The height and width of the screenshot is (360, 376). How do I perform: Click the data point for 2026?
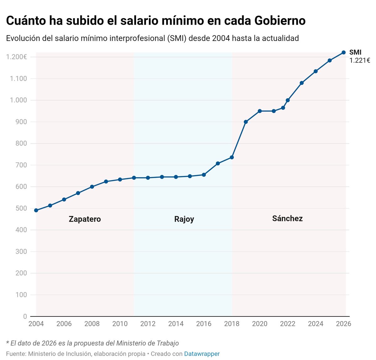coord(343,53)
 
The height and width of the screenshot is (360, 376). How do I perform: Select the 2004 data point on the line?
coord(36,210)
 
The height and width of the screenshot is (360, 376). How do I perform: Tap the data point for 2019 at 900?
coord(246,122)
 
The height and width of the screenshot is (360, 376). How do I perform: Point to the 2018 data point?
coord(232,157)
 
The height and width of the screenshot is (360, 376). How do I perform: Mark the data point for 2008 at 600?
coord(92,187)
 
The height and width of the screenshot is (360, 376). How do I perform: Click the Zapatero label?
coord(85,219)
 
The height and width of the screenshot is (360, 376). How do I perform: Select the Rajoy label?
coord(184,219)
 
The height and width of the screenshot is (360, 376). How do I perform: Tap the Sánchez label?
coord(287,219)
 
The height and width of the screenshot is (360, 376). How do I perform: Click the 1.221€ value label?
coord(360,61)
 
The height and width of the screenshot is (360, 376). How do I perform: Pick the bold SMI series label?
coord(355,52)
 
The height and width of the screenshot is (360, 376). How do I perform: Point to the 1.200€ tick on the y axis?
coord(16,57)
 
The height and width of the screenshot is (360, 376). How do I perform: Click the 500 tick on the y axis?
coord(21,208)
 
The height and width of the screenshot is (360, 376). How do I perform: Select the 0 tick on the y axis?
coord(25,316)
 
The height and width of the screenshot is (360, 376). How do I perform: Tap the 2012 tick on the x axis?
coord(148,324)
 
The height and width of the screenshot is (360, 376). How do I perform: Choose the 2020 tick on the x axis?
coord(260,324)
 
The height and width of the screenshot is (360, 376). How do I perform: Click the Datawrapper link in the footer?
coord(202,354)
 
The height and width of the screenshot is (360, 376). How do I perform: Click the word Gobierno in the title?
coord(280,21)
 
